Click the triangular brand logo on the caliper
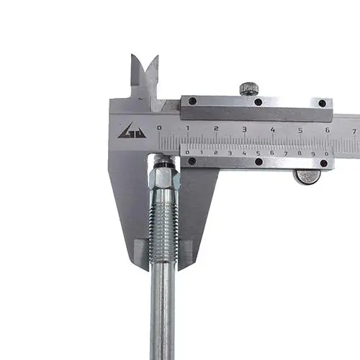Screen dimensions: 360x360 132,131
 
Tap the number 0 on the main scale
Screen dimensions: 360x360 159,128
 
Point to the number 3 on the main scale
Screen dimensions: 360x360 244,130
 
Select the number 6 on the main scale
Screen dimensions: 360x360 328,130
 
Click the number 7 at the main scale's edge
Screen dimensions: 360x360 354,132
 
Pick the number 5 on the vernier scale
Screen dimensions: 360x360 258,153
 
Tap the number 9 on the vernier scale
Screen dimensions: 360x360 313,154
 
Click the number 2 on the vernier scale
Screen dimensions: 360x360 216,153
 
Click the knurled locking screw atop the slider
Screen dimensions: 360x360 249,89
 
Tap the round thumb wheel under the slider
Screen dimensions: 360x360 307,176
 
